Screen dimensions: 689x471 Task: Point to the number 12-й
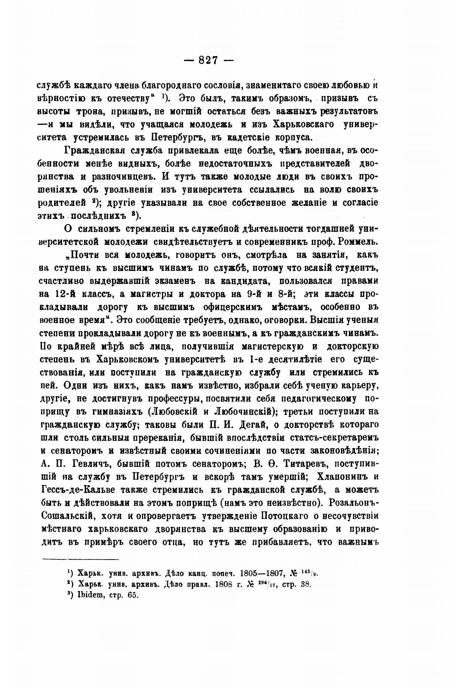pos(65,294)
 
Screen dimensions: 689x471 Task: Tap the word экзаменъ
pos(171,281)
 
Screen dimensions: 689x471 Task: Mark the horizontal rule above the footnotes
pos(81,560)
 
